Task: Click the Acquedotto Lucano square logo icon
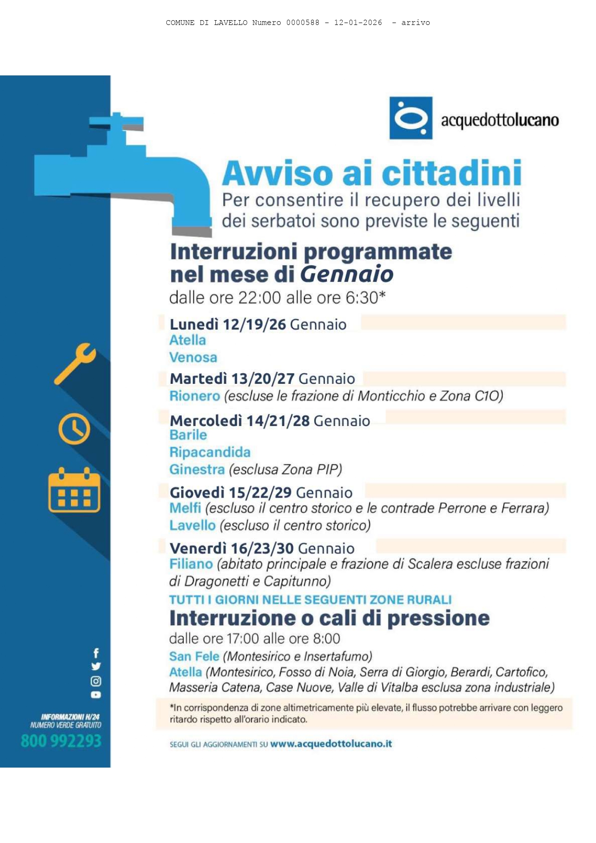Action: [410, 118]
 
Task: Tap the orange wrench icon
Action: [75, 363]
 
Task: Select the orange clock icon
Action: [74, 428]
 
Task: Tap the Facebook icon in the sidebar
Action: [96, 653]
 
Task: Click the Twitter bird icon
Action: [96, 666]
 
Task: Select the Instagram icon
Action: [96, 681]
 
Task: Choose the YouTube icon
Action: [96, 695]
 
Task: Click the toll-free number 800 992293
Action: [61, 741]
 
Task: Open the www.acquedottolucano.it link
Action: [331, 744]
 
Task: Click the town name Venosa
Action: [193, 357]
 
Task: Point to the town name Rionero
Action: [195, 396]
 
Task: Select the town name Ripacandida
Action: [210, 452]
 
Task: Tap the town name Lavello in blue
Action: [192, 525]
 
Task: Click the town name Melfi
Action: [185, 508]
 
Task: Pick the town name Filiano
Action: [191, 564]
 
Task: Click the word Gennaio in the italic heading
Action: [347, 274]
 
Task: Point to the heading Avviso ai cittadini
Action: [372, 173]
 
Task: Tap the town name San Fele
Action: [194, 656]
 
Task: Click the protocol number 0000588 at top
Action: [303, 23]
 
